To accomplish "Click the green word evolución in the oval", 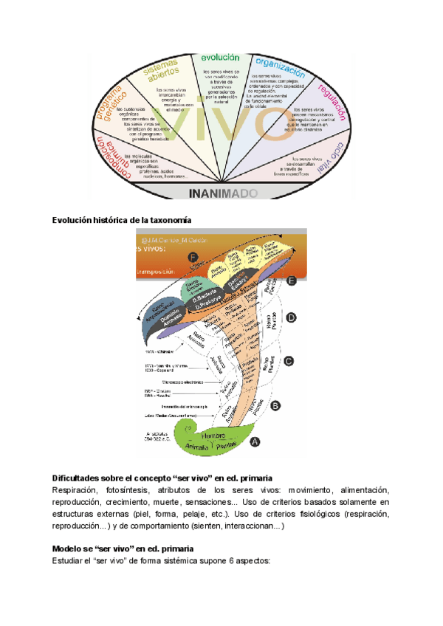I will (222, 57).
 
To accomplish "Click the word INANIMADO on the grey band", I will (222, 193).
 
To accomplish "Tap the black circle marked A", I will (255, 441).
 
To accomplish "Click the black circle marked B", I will (275, 405).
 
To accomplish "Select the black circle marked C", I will (289, 361).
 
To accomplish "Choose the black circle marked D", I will (291, 317).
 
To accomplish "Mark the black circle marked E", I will (292, 281).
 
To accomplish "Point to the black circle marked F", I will (193, 257).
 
